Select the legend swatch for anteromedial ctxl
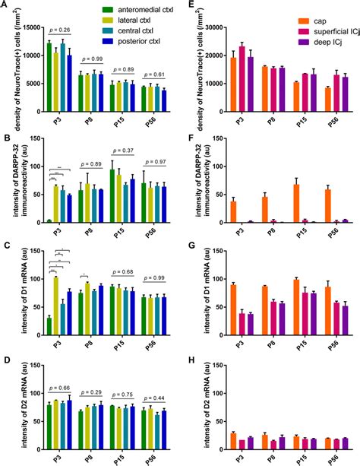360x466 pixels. point(109,8)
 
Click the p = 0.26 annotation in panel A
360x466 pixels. point(59,30)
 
